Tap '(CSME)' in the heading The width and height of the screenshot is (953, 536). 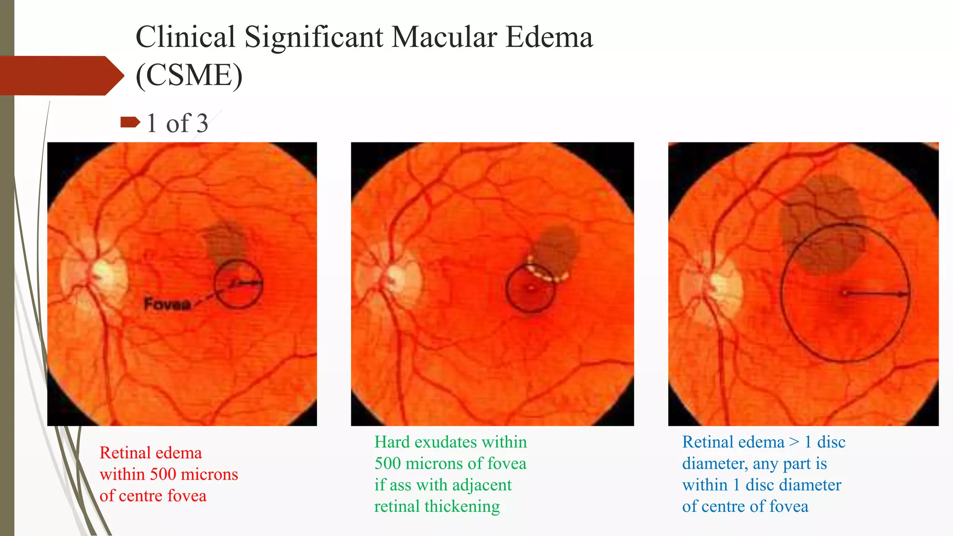point(189,75)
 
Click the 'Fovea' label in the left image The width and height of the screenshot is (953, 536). point(167,304)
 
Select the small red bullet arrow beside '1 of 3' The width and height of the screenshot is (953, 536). point(130,122)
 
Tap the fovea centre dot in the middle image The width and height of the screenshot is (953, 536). point(531,288)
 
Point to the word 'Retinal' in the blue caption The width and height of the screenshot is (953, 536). point(710,442)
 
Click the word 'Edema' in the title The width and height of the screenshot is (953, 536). point(549,37)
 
